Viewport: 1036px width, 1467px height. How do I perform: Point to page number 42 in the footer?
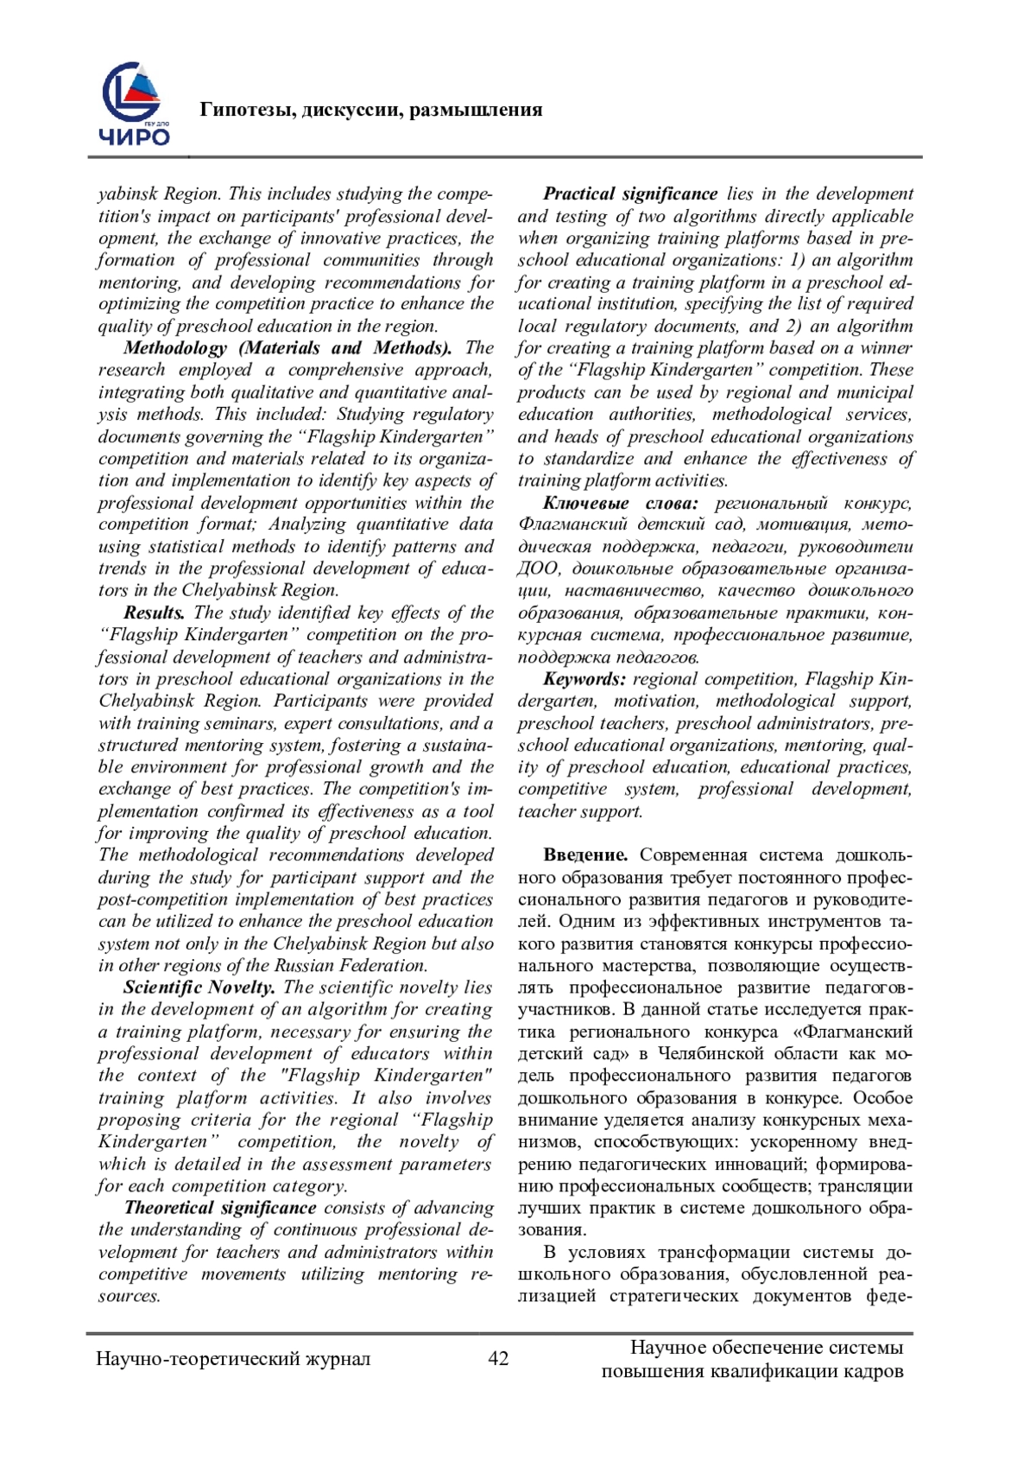[x=498, y=1358]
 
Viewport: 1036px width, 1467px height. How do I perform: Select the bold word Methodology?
[x=175, y=348]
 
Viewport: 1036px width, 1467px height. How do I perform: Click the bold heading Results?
[x=155, y=613]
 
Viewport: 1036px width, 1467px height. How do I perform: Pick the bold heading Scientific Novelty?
[x=199, y=988]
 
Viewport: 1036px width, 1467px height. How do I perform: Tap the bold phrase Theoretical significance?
[x=220, y=1208]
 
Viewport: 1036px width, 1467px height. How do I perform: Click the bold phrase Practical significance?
[x=630, y=194]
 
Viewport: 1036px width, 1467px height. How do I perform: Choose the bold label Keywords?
[x=584, y=679]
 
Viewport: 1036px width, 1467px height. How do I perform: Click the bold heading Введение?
[x=585, y=855]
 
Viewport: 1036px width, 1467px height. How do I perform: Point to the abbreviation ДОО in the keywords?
[x=539, y=569]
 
